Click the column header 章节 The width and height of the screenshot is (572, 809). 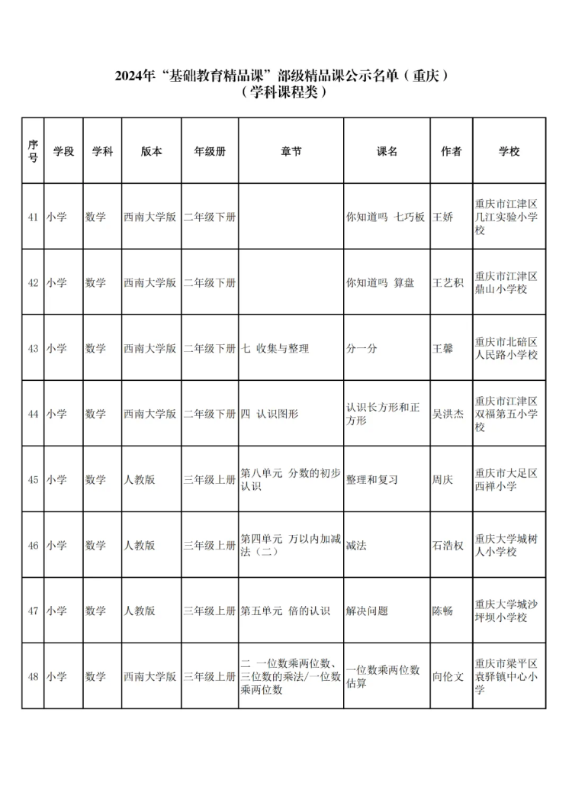pos(291,151)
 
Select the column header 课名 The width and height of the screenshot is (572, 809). pos(387,151)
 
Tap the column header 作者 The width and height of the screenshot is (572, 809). pos(451,151)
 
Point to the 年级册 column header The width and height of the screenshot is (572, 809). pos(209,151)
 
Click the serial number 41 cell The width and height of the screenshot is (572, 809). pos(33,217)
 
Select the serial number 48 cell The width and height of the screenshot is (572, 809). pos(33,676)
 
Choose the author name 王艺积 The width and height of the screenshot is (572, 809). pos(448,282)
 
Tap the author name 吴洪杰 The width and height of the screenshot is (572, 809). pos(448,414)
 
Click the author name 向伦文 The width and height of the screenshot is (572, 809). pos(448,676)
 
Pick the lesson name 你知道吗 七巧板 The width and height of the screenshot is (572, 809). pos(385,217)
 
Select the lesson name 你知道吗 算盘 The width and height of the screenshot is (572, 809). pos(381,282)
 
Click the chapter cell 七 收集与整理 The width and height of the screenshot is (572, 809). pos(275,348)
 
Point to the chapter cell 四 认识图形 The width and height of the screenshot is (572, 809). pos(269,414)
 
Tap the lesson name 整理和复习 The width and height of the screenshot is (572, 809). pos(372,480)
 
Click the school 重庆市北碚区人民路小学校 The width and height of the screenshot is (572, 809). pos(506,348)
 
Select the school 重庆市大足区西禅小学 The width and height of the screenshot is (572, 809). pos(506,479)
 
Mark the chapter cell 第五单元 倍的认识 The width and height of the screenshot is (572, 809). pos(285,611)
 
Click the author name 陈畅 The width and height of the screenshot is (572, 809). pos(443,611)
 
